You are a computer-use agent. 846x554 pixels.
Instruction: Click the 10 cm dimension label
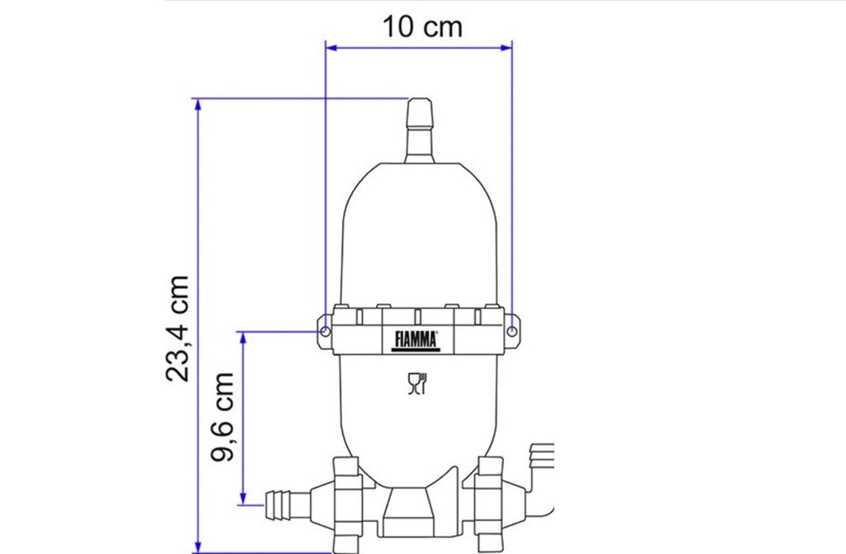pyautogui.click(x=422, y=27)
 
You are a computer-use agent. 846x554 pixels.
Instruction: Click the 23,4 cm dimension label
pyautogui.click(x=178, y=329)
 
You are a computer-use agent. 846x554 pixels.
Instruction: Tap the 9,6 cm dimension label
pyautogui.click(x=222, y=416)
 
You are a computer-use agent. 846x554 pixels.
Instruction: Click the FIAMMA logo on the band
pyautogui.click(x=416, y=341)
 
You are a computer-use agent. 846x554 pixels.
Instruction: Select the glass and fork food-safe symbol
pyautogui.click(x=417, y=383)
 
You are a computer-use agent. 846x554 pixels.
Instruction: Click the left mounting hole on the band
pyautogui.click(x=325, y=331)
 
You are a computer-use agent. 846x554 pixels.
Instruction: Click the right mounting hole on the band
pyautogui.click(x=512, y=331)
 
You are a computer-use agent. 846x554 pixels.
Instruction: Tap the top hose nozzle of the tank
pyautogui.click(x=420, y=130)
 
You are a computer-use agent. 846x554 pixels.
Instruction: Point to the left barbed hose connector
pyautogui.click(x=287, y=504)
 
